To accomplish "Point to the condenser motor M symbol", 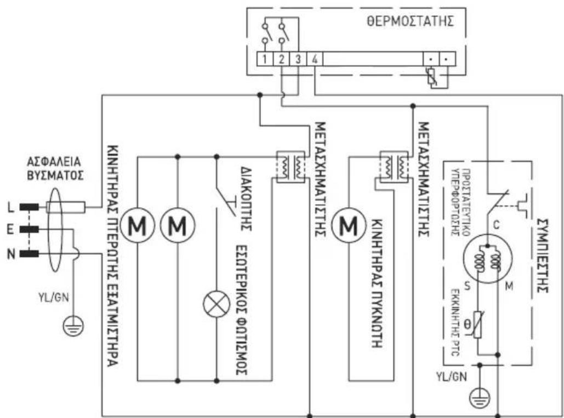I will click(x=348, y=224).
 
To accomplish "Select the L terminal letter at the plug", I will click(x=10, y=207).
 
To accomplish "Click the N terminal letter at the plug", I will click(x=10, y=253).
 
